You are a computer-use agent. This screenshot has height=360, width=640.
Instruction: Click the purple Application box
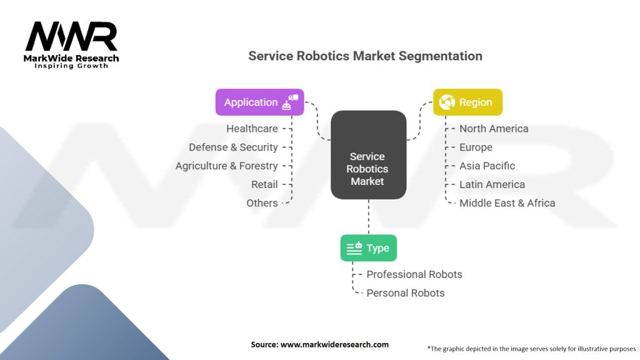pyautogui.click(x=259, y=102)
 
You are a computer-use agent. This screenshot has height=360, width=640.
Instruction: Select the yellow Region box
pyautogui.click(x=467, y=102)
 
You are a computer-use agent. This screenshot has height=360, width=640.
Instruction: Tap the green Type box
pyautogui.click(x=368, y=248)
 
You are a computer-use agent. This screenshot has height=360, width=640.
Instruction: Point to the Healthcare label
pyautogui.click(x=252, y=129)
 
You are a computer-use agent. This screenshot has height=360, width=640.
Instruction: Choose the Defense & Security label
pyautogui.click(x=233, y=147)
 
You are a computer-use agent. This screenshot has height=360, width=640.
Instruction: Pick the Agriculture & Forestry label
pyautogui.click(x=226, y=166)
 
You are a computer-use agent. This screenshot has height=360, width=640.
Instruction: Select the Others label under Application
pyautogui.click(x=262, y=203)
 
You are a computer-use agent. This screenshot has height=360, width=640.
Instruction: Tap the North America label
pyautogui.click(x=494, y=129)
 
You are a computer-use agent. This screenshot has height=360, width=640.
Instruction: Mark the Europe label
pyautogui.click(x=476, y=147)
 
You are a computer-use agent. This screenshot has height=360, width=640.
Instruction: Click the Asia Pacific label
pyautogui.click(x=487, y=166)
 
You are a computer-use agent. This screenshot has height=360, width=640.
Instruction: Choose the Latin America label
pyautogui.click(x=492, y=184)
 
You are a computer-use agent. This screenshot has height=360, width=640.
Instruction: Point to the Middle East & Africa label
pyautogui.click(x=507, y=203)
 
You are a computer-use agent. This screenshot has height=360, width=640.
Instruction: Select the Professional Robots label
pyautogui.click(x=414, y=274)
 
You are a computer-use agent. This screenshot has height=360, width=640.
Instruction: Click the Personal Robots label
pyautogui.click(x=406, y=293)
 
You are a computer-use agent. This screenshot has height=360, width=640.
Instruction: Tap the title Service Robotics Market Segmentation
pyautogui.click(x=365, y=56)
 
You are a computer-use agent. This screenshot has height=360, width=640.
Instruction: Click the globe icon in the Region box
pyautogui.click(x=447, y=102)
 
